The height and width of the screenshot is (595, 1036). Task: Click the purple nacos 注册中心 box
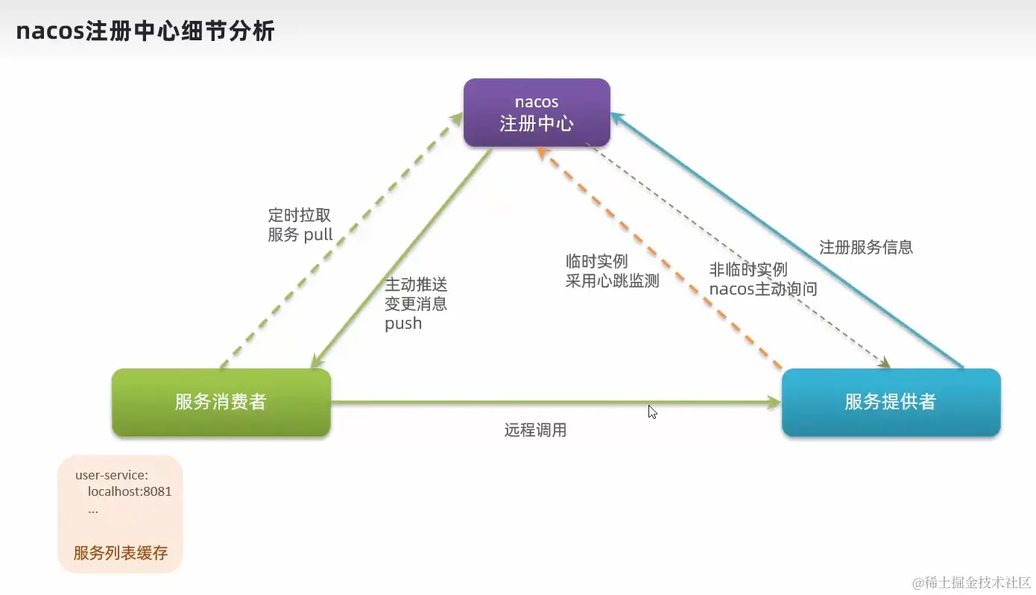537,113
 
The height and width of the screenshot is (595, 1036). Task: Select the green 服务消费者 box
221,402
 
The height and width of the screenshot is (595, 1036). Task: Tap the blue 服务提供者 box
890,402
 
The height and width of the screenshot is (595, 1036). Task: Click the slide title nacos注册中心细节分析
145,32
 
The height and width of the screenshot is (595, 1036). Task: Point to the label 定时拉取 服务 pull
300,225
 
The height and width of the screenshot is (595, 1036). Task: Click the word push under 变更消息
403,324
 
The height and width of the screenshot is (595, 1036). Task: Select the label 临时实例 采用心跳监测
612,271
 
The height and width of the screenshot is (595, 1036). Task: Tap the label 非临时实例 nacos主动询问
762,280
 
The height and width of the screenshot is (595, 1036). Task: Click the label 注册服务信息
866,248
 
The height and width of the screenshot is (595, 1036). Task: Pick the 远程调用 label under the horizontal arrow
535,430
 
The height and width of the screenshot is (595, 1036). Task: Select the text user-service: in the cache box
112,475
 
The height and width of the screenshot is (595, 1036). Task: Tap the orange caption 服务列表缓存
121,553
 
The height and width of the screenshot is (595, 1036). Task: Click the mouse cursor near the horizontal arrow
652,412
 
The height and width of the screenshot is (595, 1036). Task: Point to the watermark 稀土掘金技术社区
968,582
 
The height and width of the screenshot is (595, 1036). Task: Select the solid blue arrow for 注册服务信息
790,242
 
